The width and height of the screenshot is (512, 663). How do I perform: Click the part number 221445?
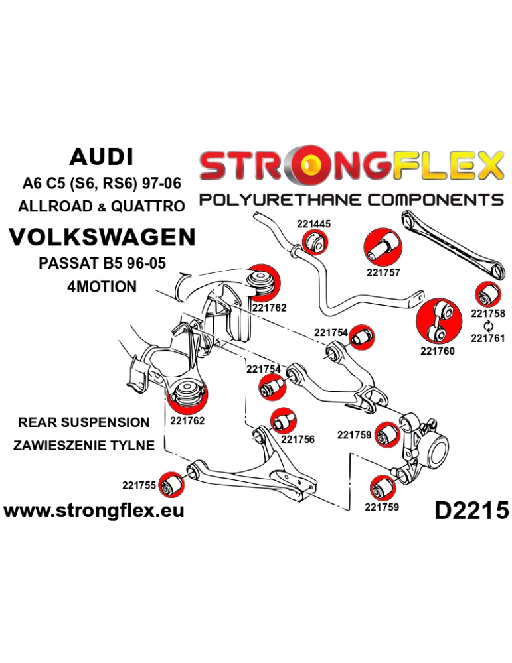(x=313, y=225)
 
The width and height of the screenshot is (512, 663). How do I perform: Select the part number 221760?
(x=438, y=351)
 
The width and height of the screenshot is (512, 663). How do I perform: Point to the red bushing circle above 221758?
(x=488, y=293)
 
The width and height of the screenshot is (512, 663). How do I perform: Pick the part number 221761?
(x=488, y=338)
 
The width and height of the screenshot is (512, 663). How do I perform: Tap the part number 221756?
(x=298, y=438)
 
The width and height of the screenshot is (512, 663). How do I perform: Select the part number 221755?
(x=139, y=485)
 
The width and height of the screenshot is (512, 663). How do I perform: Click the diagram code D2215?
(x=471, y=510)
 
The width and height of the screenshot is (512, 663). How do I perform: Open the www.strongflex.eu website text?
(x=94, y=510)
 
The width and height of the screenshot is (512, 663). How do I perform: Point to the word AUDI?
(x=101, y=157)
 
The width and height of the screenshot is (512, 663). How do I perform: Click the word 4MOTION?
(x=102, y=287)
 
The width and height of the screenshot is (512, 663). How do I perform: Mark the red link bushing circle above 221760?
(x=438, y=321)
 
